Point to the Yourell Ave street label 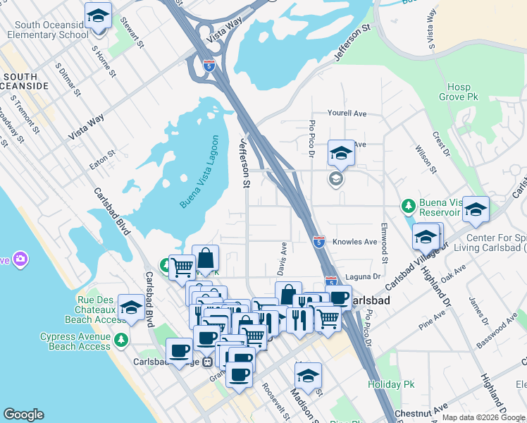pyautogui.click(x=347, y=113)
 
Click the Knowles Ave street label pyautogui.click(x=354, y=242)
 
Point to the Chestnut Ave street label pyautogui.click(x=421, y=408)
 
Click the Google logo pyautogui.click(x=23, y=415)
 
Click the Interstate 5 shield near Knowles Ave pyautogui.click(x=318, y=242)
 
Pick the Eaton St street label pyautogui.click(x=101, y=159)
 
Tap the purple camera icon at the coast pyautogui.click(x=20, y=259)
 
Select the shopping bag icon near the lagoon pyautogui.click(x=205, y=258)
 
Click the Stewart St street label pyautogui.click(x=132, y=33)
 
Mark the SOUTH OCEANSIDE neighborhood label pyautogui.click(x=26, y=80)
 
